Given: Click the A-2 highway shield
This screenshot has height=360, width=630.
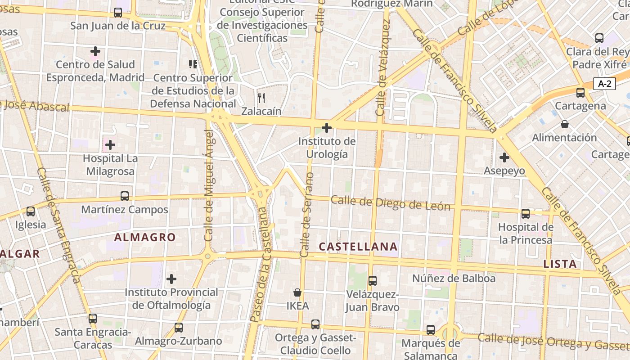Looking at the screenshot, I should [x=604, y=83].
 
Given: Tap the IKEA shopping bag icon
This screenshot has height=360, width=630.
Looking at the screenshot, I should [x=297, y=292].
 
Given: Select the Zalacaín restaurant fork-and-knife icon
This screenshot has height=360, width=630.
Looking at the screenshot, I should [x=261, y=98].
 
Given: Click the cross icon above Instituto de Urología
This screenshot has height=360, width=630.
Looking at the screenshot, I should [x=327, y=128].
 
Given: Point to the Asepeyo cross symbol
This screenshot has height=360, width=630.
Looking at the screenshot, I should [x=504, y=157].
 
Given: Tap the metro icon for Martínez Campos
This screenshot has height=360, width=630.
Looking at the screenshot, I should [x=125, y=196].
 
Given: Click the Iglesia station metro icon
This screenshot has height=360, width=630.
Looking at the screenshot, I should [x=31, y=211].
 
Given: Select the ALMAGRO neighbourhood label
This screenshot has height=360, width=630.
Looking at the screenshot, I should [x=145, y=237].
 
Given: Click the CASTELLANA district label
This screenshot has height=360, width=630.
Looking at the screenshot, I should [x=358, y=247].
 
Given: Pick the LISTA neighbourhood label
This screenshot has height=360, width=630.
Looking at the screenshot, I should [x=560, y=264].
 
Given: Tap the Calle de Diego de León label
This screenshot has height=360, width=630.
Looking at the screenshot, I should [x=391, y=203].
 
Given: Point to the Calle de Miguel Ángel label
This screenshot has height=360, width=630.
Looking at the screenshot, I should [x=208, y=185].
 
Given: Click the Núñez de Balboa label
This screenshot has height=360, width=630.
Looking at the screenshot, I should [x=454, y=279].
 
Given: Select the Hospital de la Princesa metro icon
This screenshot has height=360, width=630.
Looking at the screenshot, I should [x=525, y=214].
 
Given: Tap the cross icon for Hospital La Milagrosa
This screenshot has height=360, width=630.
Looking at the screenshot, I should [x=110, y=145].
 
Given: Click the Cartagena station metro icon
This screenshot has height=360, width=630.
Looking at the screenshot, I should [x=580, y=93].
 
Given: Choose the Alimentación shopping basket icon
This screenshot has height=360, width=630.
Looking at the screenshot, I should [x=564, y=124].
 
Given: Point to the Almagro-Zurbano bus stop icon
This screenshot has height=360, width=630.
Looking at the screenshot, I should [x=179, y=327].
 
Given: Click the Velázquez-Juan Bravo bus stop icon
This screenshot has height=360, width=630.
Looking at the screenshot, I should [x=372, y=281].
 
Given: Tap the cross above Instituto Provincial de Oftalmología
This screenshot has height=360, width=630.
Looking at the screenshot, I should [x=171, y=279].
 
